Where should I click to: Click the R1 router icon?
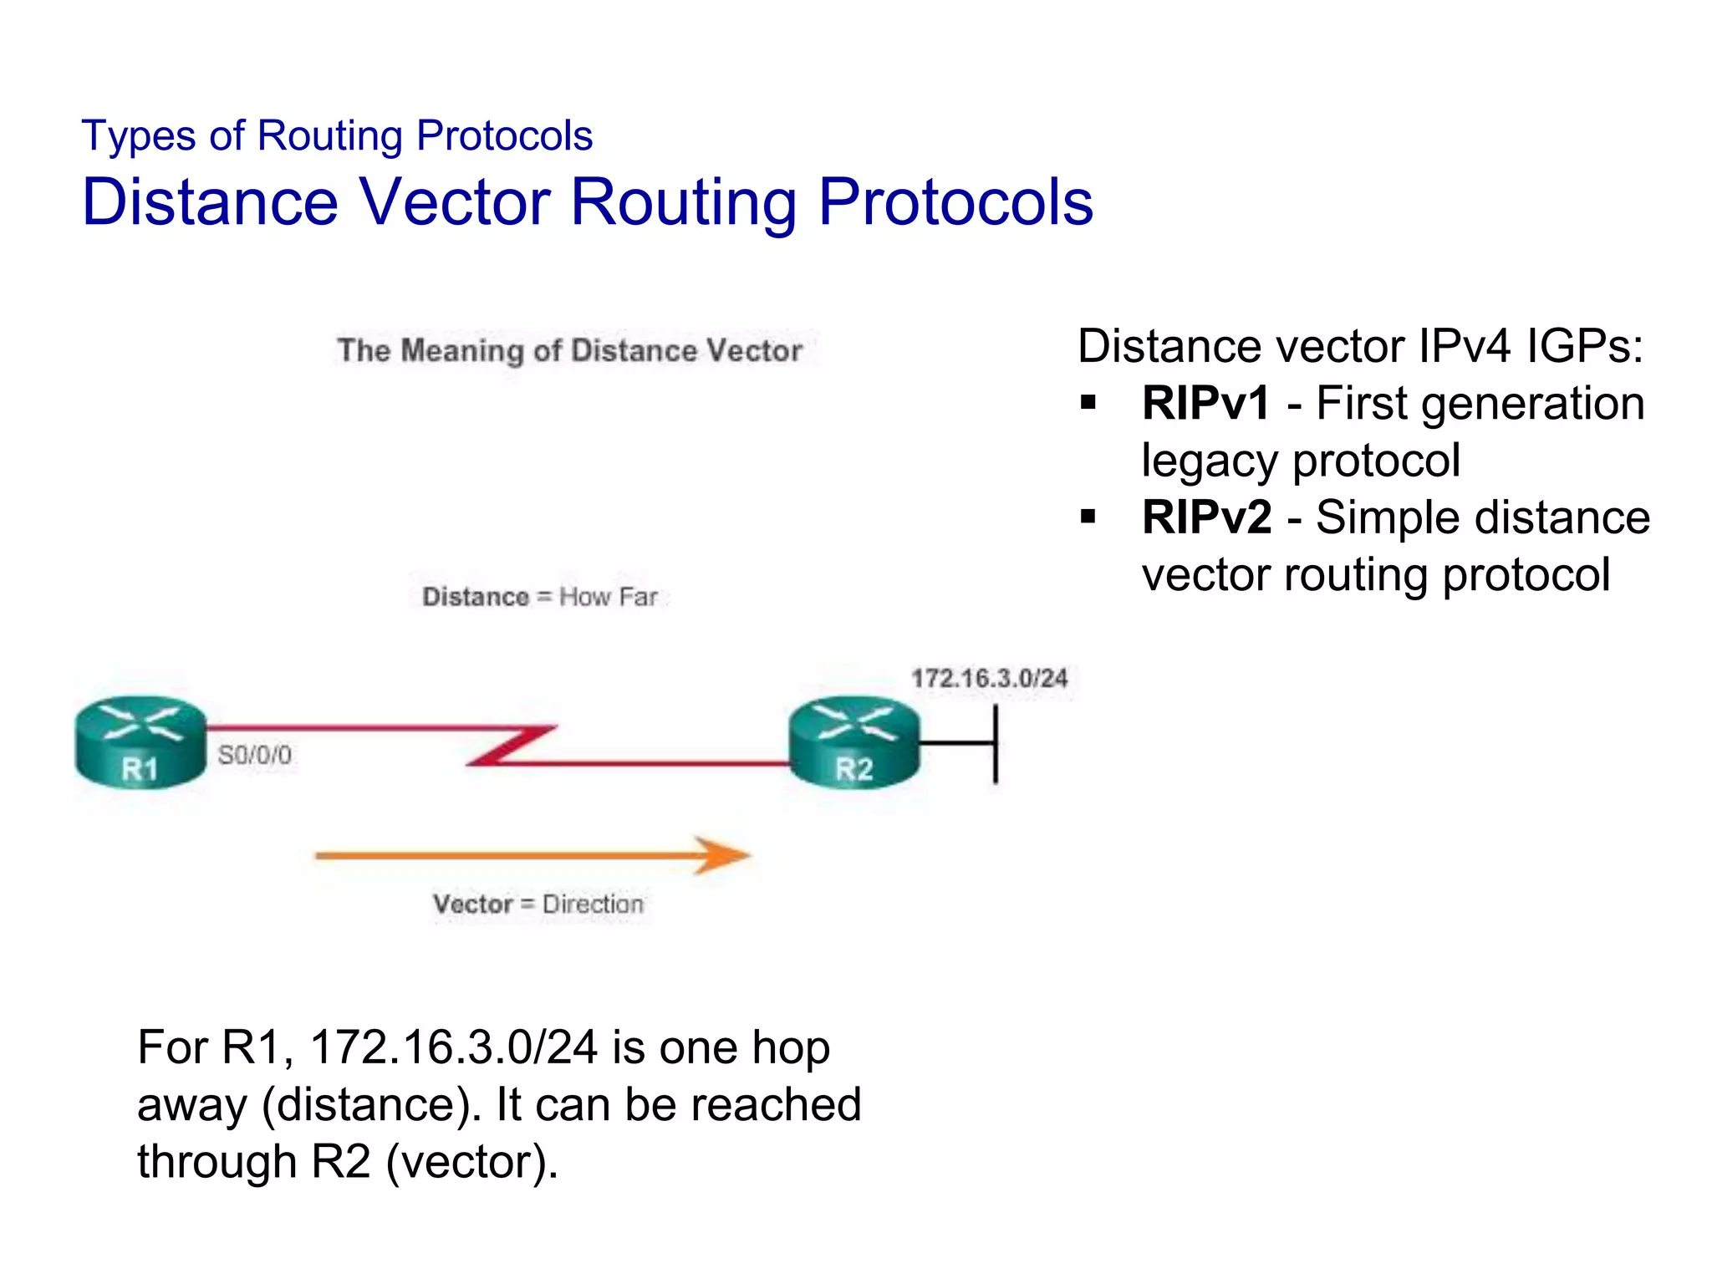[x=140, y=742]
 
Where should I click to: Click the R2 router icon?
[x=853, y=742]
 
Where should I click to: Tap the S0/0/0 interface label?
[x=255, y=756]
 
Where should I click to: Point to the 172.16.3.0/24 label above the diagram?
[x=989, y=678]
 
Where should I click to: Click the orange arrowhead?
[x=722, y=855]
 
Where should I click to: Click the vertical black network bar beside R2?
[x=995, y=744]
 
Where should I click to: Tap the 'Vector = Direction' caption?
[x=538, y=904]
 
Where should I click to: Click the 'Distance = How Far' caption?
[x=540, y=597]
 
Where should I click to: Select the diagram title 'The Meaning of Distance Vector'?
[x=569, y=350]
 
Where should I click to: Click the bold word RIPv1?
[x=1206, y=403]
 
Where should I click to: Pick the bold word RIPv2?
[x=1207, y=517]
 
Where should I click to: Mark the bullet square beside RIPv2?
[x=1088, y=517]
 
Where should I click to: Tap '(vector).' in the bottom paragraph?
[x=471, y=1161]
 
